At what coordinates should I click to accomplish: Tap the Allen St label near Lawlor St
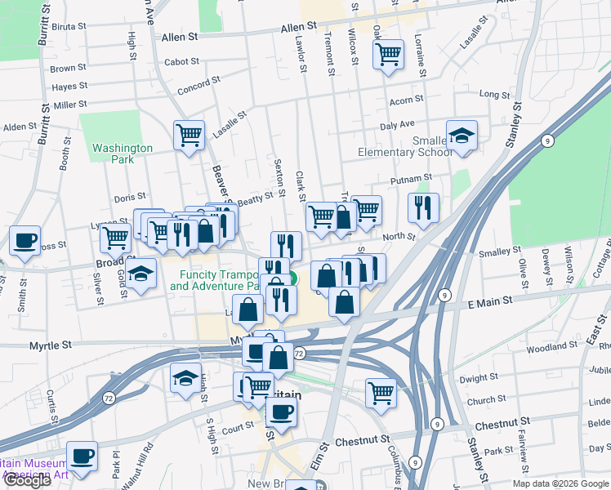pyautogui.click(x=298, y=28)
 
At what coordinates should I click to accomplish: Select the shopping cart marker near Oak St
pyautogui.click(x=388, y=55)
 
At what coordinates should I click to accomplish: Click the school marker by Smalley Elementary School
pyautogui.click(x=462, y=136)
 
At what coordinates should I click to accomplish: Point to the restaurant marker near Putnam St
pyautogui.click(x=423, y=207)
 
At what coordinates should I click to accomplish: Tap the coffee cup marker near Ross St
pyautogui.click(x=25, y=240)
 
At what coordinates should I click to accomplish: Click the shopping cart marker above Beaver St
pyautogui.click(x=190, y=135)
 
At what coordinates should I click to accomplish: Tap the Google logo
pyautogui.click(x=27, y=480)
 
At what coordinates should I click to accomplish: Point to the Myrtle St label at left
pyautogui.click(x=51, y=345)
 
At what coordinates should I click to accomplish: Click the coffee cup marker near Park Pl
pyautogui.click(x=82, y=457)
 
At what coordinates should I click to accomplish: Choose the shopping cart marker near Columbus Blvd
pyautogui.click(x=381, y=393)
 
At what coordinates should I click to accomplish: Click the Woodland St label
pyautogui.click(x=553, y=346)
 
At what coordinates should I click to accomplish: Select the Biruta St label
pyautogui.click(x=69, y=26)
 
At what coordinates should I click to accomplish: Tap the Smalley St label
pyautogui.click(x=500, y=252)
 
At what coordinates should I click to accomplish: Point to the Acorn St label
pyautogui.click(x=406, y=100)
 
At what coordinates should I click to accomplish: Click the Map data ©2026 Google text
pyautogui.click(x=560, y=483)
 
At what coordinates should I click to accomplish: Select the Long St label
pyautogui.click(x=494, y=95)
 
